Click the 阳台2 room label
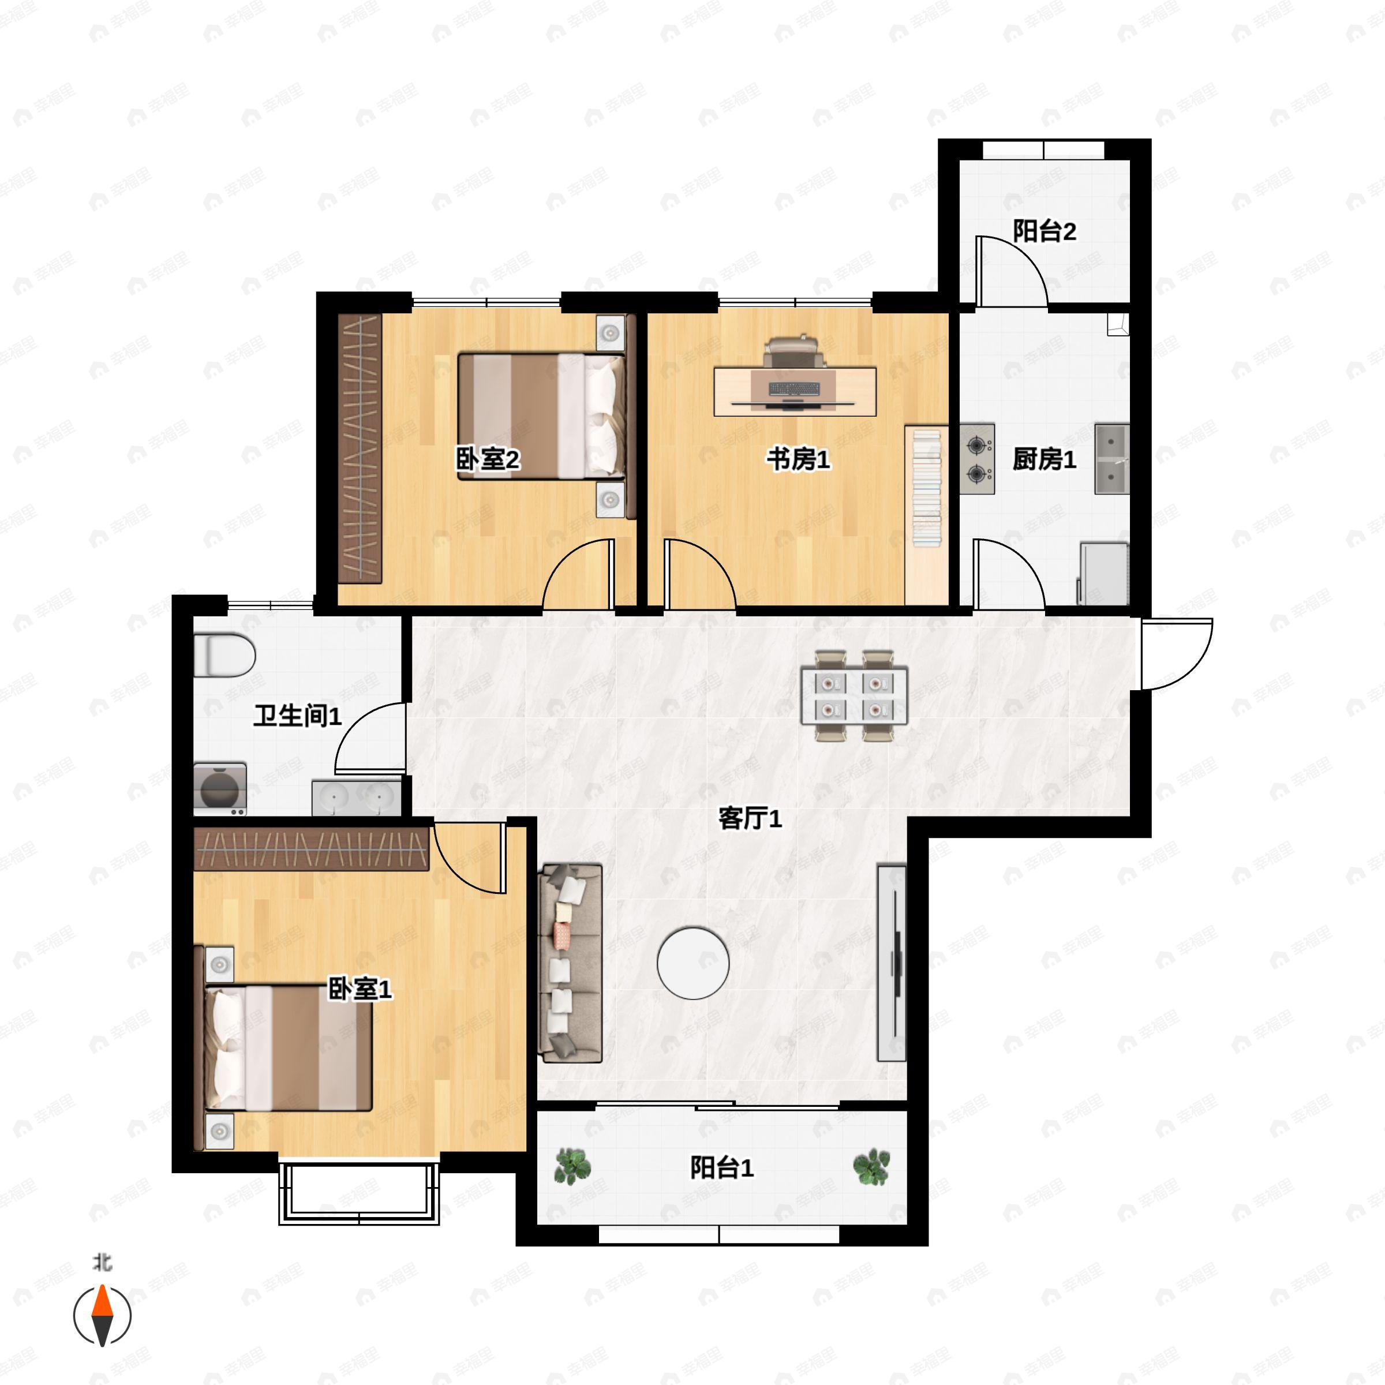click(x=1044, y=231)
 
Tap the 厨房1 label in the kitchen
click(x=1044, y=459)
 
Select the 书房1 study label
click(x=798, y=459)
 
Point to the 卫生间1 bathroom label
click(x=298, y=716)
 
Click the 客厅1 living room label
click(x=750, y=818)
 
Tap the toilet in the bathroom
click(x=224, y=654)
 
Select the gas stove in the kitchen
click(x=977, y=459)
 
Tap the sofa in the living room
click(x=571, y=963)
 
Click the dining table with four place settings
click(x=854, y=695)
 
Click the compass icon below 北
click(x=103, y=1316)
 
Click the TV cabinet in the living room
click(x=892, y=963)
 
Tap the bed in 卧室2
click(x=541, y=415)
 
